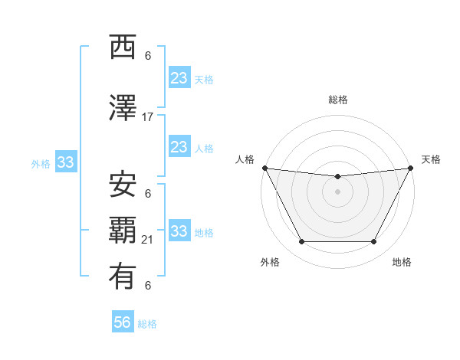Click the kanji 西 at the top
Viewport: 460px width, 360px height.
tap(123, 48)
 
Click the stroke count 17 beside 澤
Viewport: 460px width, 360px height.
tap(148, 117)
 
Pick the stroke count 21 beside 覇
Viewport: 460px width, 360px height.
tap(148, 240)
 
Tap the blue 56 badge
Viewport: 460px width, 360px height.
tap(123, 322)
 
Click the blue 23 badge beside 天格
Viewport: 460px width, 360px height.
tap(179, 77)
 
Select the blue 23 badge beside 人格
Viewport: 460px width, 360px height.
tap(179, 146)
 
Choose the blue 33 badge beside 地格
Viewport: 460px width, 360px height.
tap(179, 231)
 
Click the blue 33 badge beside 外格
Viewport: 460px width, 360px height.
tap(65, 162)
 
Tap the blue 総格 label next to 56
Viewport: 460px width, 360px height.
tap(147, 324)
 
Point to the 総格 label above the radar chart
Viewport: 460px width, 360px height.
tap(337, 100)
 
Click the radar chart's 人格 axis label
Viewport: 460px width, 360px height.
tap(245, 159)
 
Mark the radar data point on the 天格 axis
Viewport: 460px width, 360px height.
tap(411, 168)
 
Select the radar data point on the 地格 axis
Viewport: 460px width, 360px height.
tap(374, 242)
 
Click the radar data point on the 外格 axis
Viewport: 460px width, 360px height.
tap(301, 242)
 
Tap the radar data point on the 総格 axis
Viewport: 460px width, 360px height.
tap(337, 177)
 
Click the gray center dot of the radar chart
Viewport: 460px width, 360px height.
tap(337, 191)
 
